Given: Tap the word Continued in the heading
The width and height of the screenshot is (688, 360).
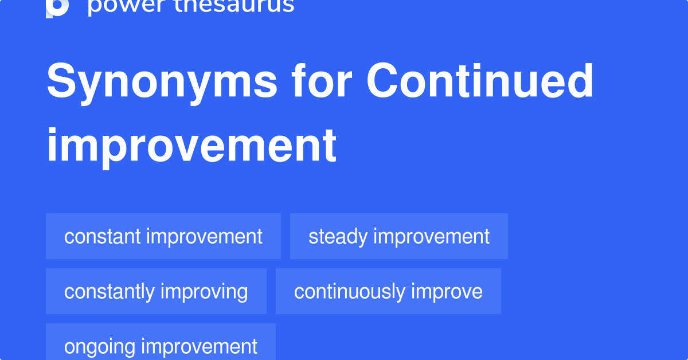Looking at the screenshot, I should tap(480, 81).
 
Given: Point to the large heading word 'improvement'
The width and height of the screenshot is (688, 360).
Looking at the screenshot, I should tap(191, 146).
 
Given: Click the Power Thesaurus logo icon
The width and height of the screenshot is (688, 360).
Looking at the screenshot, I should tap(57, 7).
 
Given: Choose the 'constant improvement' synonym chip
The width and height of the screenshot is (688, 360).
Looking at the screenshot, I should tap(163, 236).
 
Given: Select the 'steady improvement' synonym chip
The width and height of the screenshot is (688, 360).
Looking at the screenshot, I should tap(399, 236).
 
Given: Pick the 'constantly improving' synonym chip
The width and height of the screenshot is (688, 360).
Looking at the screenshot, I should tap(156, 291).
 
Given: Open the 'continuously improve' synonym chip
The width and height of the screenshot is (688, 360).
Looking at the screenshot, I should tap(388, 291).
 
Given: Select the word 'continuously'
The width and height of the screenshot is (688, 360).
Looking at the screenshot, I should tap(341, 291).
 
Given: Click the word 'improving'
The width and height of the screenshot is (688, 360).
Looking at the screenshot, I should tap(204, 292).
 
